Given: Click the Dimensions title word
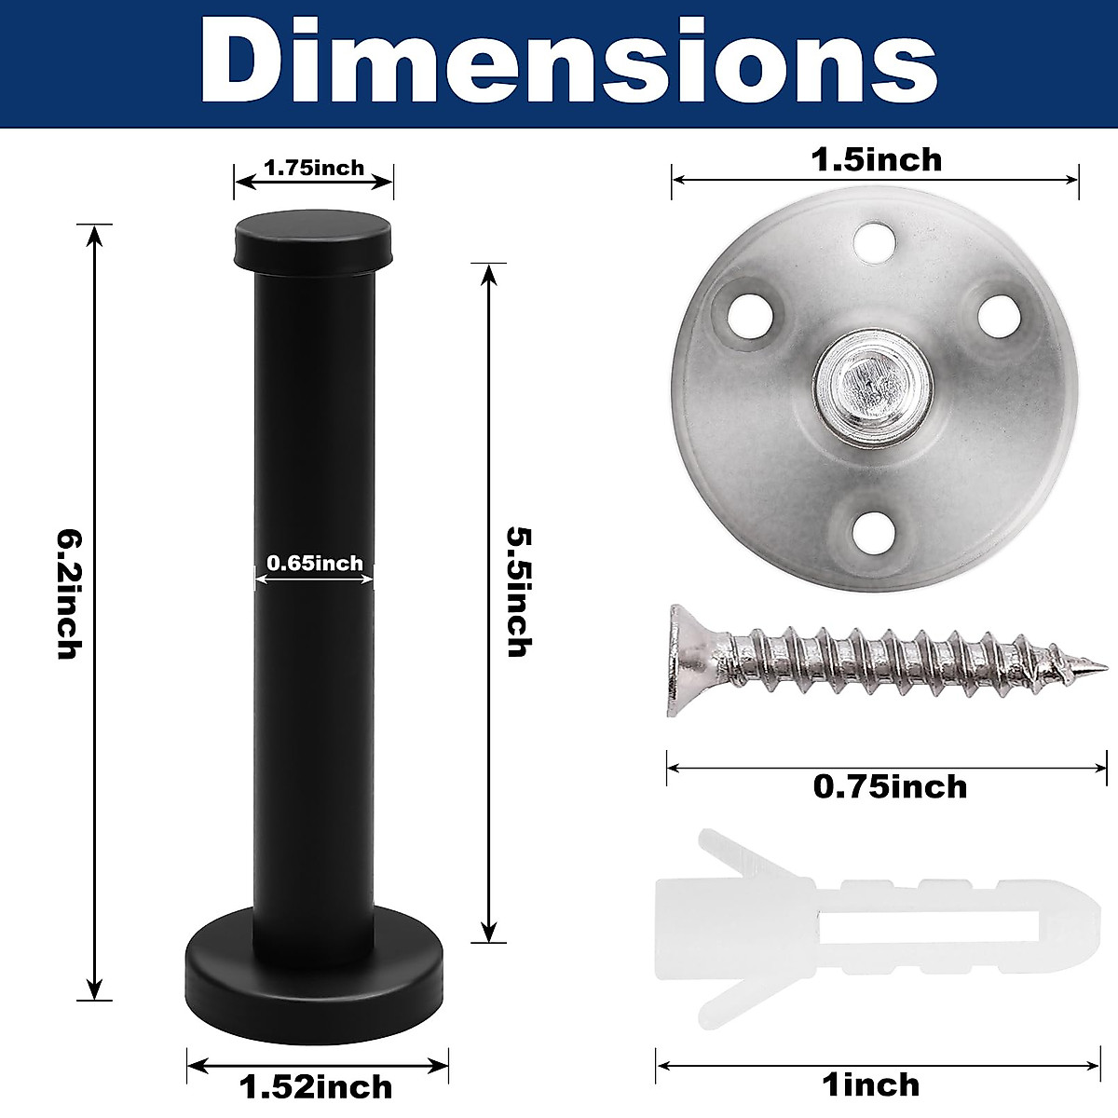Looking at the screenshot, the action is coord(568,61).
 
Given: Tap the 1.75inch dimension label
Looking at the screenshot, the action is coord(315,168).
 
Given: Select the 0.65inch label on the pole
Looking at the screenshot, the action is coord(315,563).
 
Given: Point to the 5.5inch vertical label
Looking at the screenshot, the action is coord(519,592).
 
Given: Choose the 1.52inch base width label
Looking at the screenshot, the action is coord(316,1086).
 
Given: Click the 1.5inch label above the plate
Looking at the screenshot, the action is coord(876,159).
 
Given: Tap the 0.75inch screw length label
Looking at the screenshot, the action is coord(890,786).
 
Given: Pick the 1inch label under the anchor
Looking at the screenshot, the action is coord(871,1085).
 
